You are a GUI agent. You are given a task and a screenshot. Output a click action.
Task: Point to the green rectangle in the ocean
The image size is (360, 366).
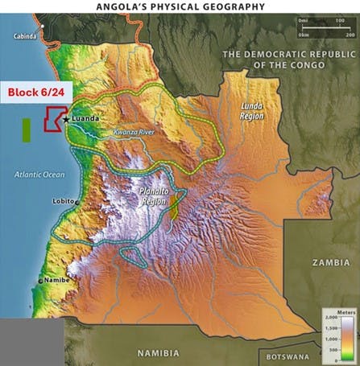click(27, 130)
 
